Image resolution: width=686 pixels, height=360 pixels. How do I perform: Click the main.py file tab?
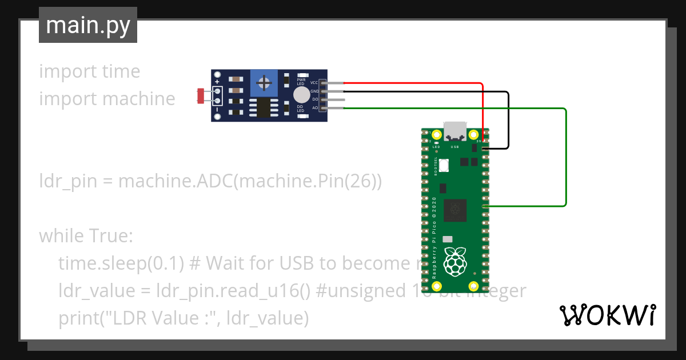[87, 25]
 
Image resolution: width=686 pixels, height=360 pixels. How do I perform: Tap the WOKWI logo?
[607, 315]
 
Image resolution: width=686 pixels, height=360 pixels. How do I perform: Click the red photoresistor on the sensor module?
[201, 95]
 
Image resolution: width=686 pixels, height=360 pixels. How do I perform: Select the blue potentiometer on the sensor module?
[264, 83]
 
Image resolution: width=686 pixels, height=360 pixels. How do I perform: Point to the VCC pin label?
[314, 83]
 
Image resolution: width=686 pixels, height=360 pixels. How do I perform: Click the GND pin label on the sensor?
[314, 91]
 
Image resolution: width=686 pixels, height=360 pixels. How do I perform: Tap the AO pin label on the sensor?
[314, 107]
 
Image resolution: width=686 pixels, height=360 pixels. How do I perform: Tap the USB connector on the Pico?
[455, 132]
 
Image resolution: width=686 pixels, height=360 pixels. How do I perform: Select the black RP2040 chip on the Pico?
[456, 209]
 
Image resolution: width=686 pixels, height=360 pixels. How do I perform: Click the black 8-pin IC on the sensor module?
[264, 107]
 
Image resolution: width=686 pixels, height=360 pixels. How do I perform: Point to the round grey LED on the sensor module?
[301, 95]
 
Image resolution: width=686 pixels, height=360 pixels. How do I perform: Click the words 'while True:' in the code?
[86, 235]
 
